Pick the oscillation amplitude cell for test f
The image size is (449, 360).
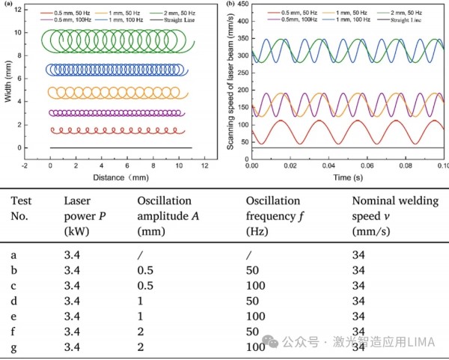click(x=141, y=332)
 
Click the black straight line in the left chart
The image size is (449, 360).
click(x=120, y=147)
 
